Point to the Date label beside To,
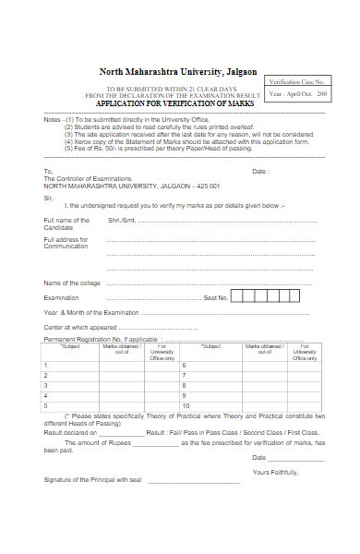(260, 171)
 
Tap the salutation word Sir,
(49, 196)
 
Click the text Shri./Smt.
(121, 221)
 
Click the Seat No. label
(214, 297)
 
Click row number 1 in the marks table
(46, 365)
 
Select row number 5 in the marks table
(46, 405)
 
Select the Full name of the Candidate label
(66, 223)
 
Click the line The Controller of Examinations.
(88, 179)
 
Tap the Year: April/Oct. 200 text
(297, 95)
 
